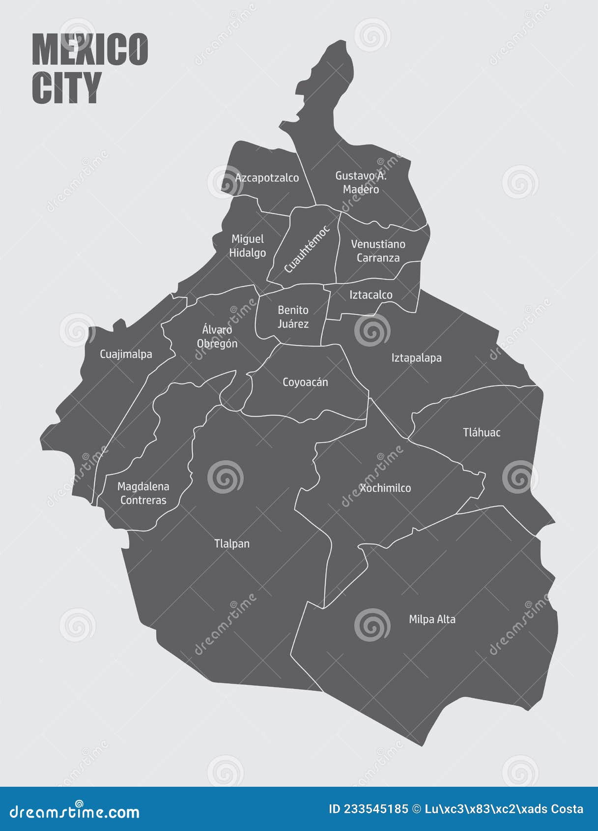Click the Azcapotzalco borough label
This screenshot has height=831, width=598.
[x=267, y=178]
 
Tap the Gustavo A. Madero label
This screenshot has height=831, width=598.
[x=361, y=182]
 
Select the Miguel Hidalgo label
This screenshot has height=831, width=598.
[x=248, y=246]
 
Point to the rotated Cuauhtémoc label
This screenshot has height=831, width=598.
[x=307, y=249]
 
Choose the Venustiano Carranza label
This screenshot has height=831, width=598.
[x=378, y=251]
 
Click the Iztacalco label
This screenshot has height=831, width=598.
[x=371, y=295]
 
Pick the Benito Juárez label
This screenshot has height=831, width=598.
[x=293, y=317]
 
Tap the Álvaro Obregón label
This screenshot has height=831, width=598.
[x=217, y=337]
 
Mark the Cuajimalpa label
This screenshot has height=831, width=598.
[x=126, y=354]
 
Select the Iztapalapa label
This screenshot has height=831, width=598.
[x=416, y=358]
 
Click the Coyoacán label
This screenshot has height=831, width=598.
[x=305, y=382]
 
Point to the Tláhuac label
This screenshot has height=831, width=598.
[x=482, y=433]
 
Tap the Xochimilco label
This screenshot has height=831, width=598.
[x=385, y=488]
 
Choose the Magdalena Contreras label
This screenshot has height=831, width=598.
[x=143, y=493]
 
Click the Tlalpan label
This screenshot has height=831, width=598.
[x=232, y=544]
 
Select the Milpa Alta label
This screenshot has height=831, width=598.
[x=432, y=620]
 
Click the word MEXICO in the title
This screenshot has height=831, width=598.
[x=90, y=50]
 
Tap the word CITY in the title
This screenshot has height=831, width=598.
[x=67, y=88]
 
